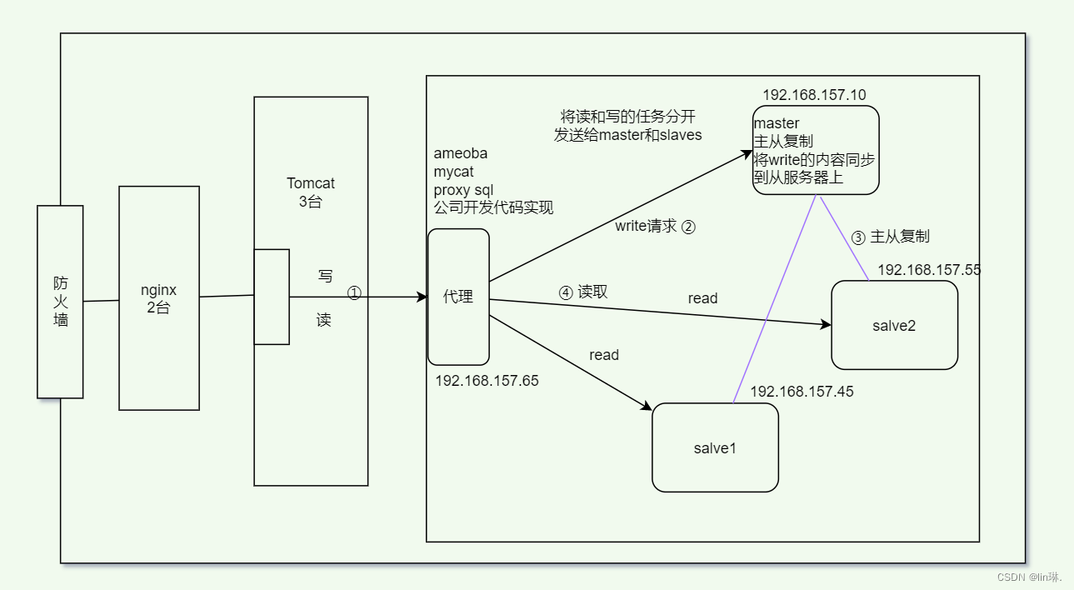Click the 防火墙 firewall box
click(60, 302)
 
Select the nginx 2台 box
click(159, 297)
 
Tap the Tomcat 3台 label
click(310, 192)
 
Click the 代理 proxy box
click(458, 297)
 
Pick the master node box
click(816, 150)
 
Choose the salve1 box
click(715, 447)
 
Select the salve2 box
click(894, 325)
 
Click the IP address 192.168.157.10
click(814, 95)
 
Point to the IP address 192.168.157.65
click(487, 381)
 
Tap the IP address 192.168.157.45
click(802, 392)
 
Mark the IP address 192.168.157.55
click(929, 270)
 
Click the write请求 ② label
click(655, 226)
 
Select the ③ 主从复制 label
click(890, 237)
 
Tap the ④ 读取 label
click(583, 292)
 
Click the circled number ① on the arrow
click(354, 293)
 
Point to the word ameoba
click(461, 153)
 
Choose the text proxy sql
click(463, 190)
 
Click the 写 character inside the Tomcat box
click(325, 275)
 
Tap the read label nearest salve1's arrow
click(604, 355)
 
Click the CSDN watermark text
click(1030, 577)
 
